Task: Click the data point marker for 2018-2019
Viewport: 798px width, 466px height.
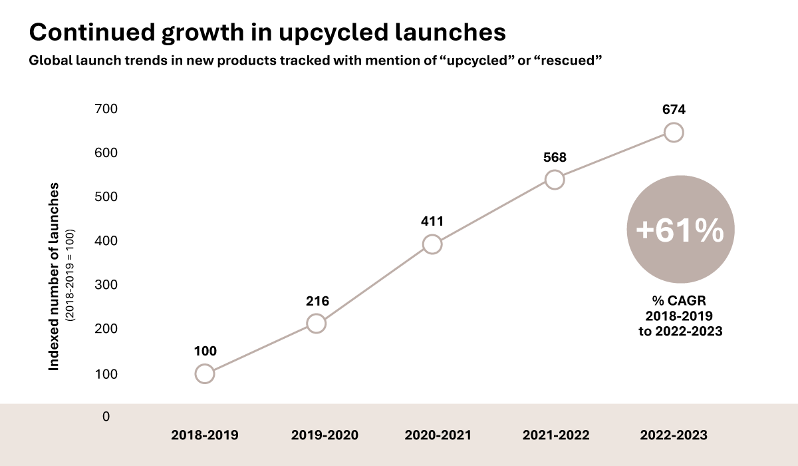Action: tap(205, 373)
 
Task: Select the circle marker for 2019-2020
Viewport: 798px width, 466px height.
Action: tap(317, 324)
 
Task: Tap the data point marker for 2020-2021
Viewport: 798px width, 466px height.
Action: tap(432, 244)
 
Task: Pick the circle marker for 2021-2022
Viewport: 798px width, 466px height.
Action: tap(554, 180)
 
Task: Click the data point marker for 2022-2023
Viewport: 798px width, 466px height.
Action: tap(674, 132)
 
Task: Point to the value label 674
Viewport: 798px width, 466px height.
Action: tap(673, 110)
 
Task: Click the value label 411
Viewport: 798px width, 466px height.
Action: tap(432, 221)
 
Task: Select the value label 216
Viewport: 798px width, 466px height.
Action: tap(317, 301)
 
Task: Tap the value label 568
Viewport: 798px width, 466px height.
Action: tap(554, 157)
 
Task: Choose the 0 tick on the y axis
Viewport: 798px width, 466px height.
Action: tap(106, 417)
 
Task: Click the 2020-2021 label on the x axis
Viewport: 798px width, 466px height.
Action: tap(438, 435)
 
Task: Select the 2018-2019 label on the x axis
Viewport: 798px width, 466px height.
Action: tap(204, 435)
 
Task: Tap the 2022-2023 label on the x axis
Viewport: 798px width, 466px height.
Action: tap(674, 435)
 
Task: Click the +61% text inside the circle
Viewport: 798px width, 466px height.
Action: tap(680, 231)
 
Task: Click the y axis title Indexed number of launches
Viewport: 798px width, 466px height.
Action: tap(55, 276)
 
